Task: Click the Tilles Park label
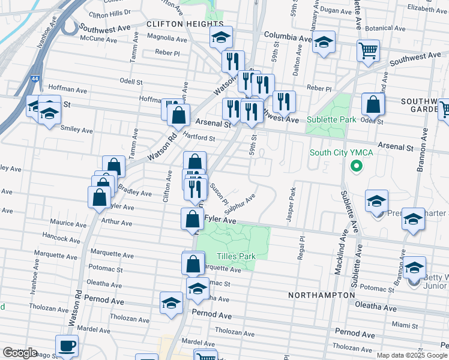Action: pos(237,256)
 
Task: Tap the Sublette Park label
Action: pos(331,119)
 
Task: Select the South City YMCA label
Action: pos(341,152)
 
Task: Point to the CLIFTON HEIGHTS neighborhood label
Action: pos(185,23)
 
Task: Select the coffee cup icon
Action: pos(67,346)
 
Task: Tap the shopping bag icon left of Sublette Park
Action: pos(373,104)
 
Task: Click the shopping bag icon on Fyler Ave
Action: pos(192,219)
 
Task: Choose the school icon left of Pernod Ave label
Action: pos(172,303)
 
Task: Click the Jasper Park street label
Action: pos(291,205)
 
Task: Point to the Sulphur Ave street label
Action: pos(241,203)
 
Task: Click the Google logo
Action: pos(19,352)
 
